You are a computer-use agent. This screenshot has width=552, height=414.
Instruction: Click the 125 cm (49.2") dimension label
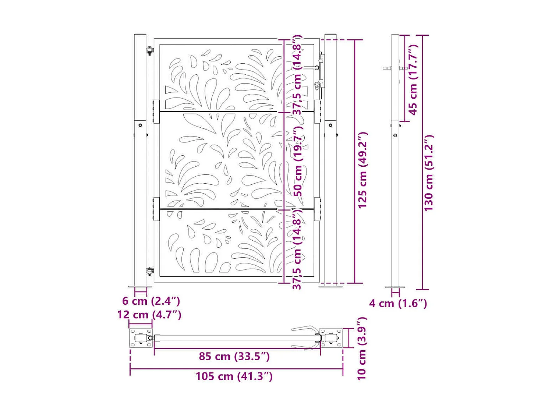[362, 170]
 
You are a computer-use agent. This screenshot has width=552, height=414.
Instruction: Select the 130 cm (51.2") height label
[429, 173]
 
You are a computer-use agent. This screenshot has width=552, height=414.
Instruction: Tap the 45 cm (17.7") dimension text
[413, 79]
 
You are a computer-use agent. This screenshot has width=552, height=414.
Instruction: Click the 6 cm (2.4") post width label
[151, 301]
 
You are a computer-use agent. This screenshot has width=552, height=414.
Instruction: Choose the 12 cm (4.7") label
[149, 315]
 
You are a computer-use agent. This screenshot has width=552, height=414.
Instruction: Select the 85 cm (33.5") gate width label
[234, 356]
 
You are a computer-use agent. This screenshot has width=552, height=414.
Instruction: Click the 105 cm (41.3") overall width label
[234, 376]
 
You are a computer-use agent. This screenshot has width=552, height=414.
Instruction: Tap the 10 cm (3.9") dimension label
[362, 348]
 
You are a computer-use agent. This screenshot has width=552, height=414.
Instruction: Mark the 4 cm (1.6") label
[398, 303]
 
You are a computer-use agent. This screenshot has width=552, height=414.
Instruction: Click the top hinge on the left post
[150, 51]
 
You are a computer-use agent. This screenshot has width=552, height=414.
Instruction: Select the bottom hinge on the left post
[150, 272]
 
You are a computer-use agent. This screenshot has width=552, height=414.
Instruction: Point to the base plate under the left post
[140, 287]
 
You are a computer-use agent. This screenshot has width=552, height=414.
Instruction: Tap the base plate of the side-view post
[395, 287]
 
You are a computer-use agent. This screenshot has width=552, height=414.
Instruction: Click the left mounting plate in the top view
[141, 338]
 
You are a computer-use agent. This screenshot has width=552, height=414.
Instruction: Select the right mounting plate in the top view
[330, 338]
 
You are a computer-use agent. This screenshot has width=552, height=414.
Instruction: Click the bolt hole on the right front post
[330, 125]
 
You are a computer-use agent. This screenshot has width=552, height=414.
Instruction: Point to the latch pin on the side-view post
[387, 68]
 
